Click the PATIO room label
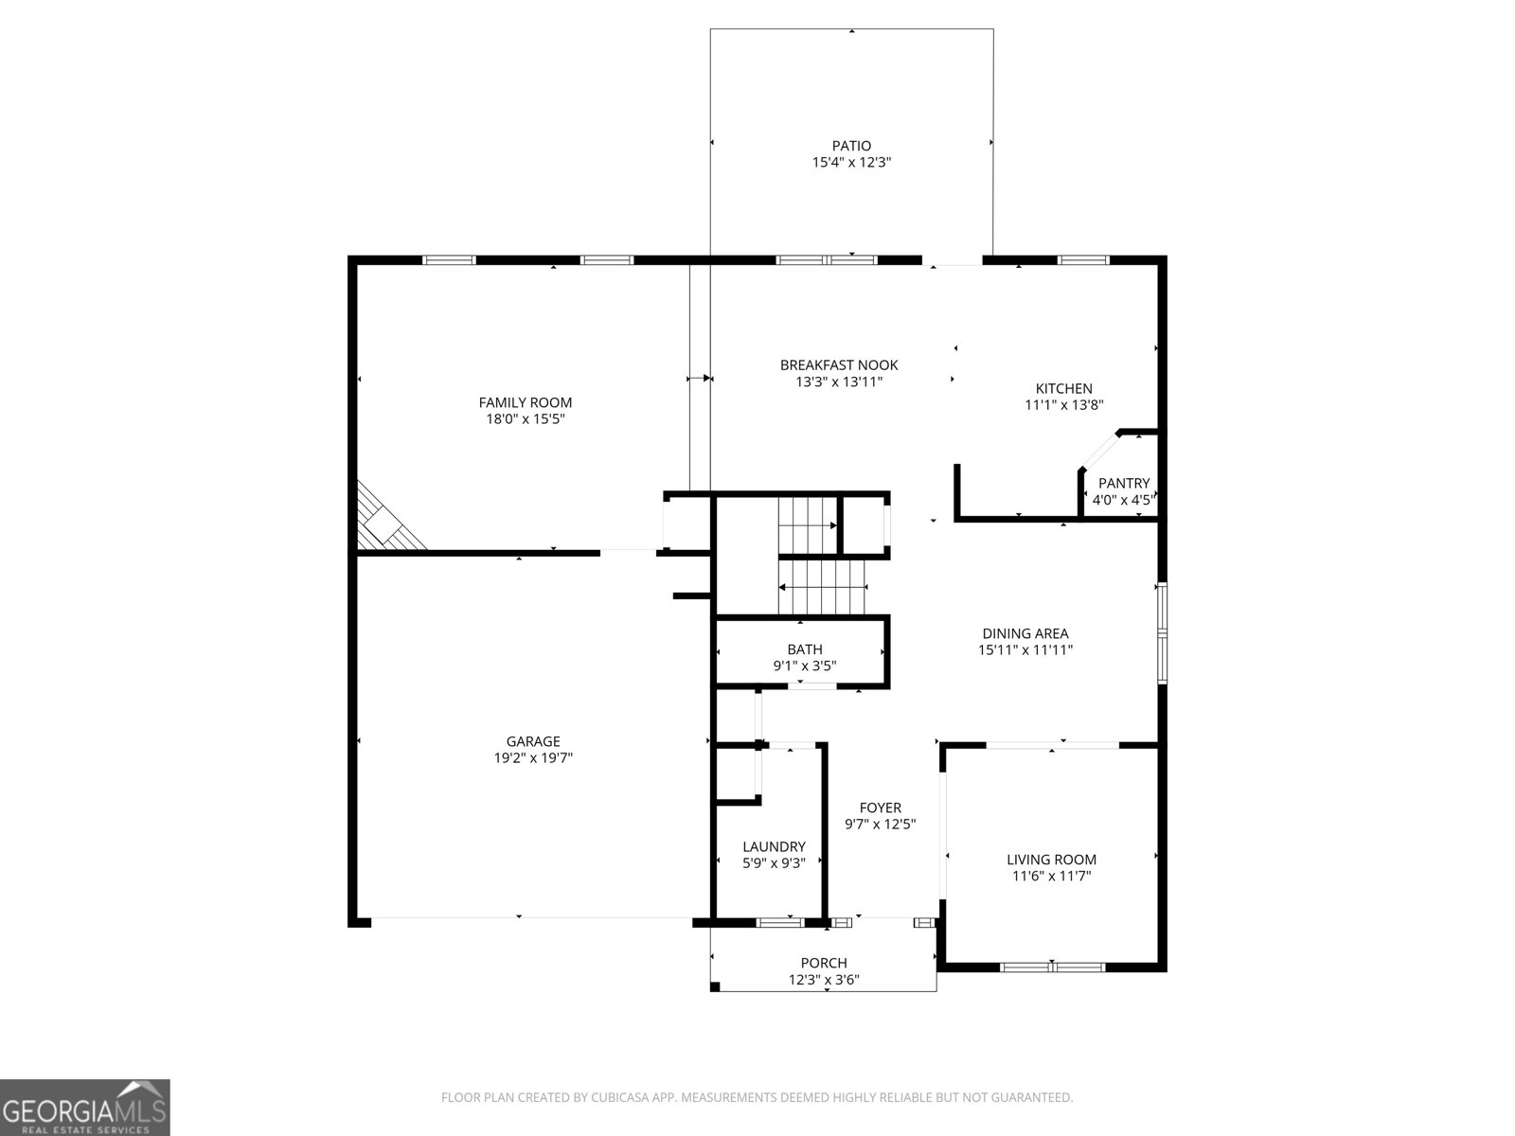point(851,146)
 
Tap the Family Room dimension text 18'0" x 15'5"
point(525,418)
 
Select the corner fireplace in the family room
point(386,522)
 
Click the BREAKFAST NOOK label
point(839,365)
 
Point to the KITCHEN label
point(1063,388)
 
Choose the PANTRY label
point(1124,483)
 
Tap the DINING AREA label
point(1025,633)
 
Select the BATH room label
point(804,649)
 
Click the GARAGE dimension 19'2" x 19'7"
point(533,757)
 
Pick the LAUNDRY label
point(774,846)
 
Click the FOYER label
point(880,808)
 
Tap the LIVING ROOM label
point(1051,860)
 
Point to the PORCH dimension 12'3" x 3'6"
point(824,980)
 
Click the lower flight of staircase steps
point(822,587)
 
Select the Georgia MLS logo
point(85,1107)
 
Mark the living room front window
point(1053,967)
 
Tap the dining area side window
point(1162,632)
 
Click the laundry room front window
point(780,922)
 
